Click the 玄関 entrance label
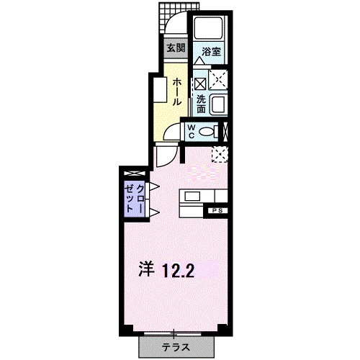(x=176, y=48)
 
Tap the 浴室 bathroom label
(x=211, y=52)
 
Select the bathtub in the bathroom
(x=209, y=27)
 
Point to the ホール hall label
(x=177, y=91)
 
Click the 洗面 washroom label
(x=201, y=104)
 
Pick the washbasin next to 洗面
(x=219, y=104)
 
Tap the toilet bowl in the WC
(x=207, y=132)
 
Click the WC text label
(x=192, y=131)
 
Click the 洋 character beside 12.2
(x=146, y=270)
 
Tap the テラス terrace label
(x=176, y=347)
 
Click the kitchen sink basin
(x=192, y=197)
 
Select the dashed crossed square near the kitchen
(x=220, y=154)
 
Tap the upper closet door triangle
(x=155, y=186)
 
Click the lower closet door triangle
(x=155, y=212)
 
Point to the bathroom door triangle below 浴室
(x=199, y=61)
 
